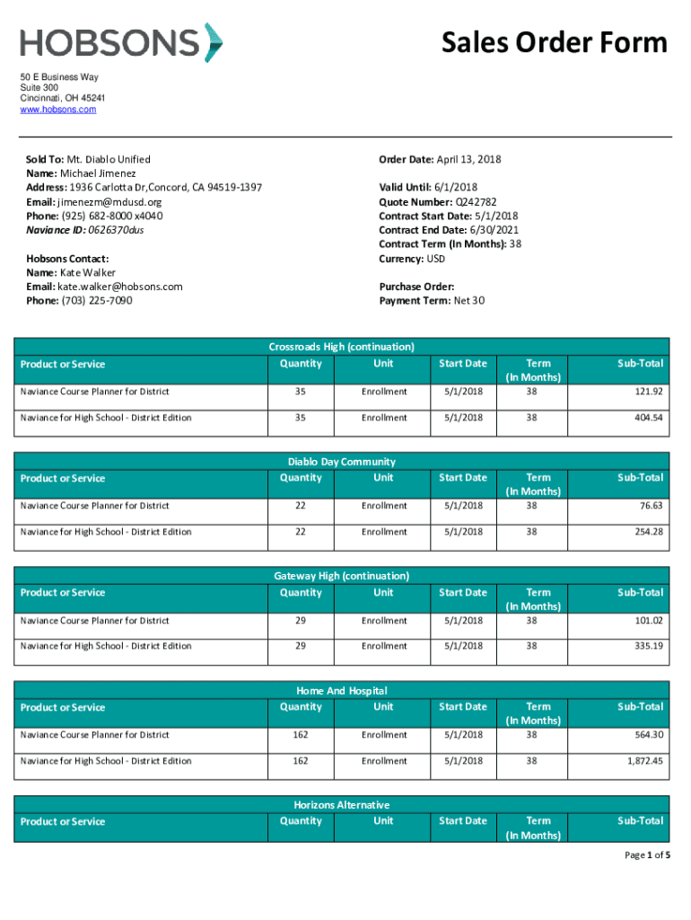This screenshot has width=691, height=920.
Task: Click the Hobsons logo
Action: [x=121, y=43]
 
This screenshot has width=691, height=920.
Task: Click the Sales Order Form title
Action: [x=554, y=42]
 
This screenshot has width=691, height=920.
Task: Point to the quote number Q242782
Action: [x=475, y=202]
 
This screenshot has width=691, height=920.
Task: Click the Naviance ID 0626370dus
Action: [x=112, y=230]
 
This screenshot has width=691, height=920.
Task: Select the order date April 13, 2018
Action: [x=468, y=160]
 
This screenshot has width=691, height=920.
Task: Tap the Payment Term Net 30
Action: [x=468, y=300]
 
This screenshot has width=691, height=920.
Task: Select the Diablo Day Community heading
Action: [x=341, y=461]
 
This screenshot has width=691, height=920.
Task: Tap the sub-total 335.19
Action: [x=647, y=646]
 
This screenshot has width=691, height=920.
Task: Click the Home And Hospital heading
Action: [x=341, y=691]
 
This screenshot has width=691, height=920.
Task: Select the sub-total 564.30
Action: [x=647, y=735]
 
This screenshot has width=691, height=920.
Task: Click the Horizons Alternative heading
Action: [x=341, y=805]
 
